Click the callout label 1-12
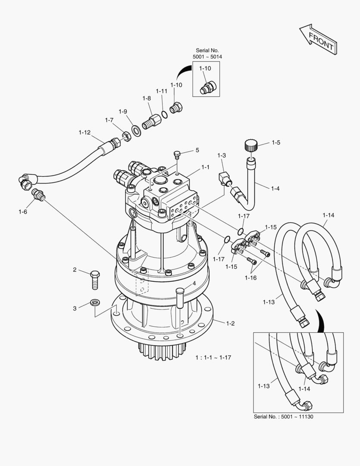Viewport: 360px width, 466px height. click(x=85, y=132)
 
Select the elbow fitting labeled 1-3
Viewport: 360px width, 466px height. click(x=224, y=178)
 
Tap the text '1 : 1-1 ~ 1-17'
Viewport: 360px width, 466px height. click(x=213, y=357)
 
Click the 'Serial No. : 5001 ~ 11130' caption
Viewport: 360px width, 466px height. click(x=287, y=417)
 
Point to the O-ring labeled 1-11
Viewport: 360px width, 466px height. click(x=164, y=114)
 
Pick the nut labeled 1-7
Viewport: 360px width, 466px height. click(x=126, y=137)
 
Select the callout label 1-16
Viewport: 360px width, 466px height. click(x=250, y=277)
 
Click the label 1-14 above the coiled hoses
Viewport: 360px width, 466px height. click(x=328, y=215)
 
